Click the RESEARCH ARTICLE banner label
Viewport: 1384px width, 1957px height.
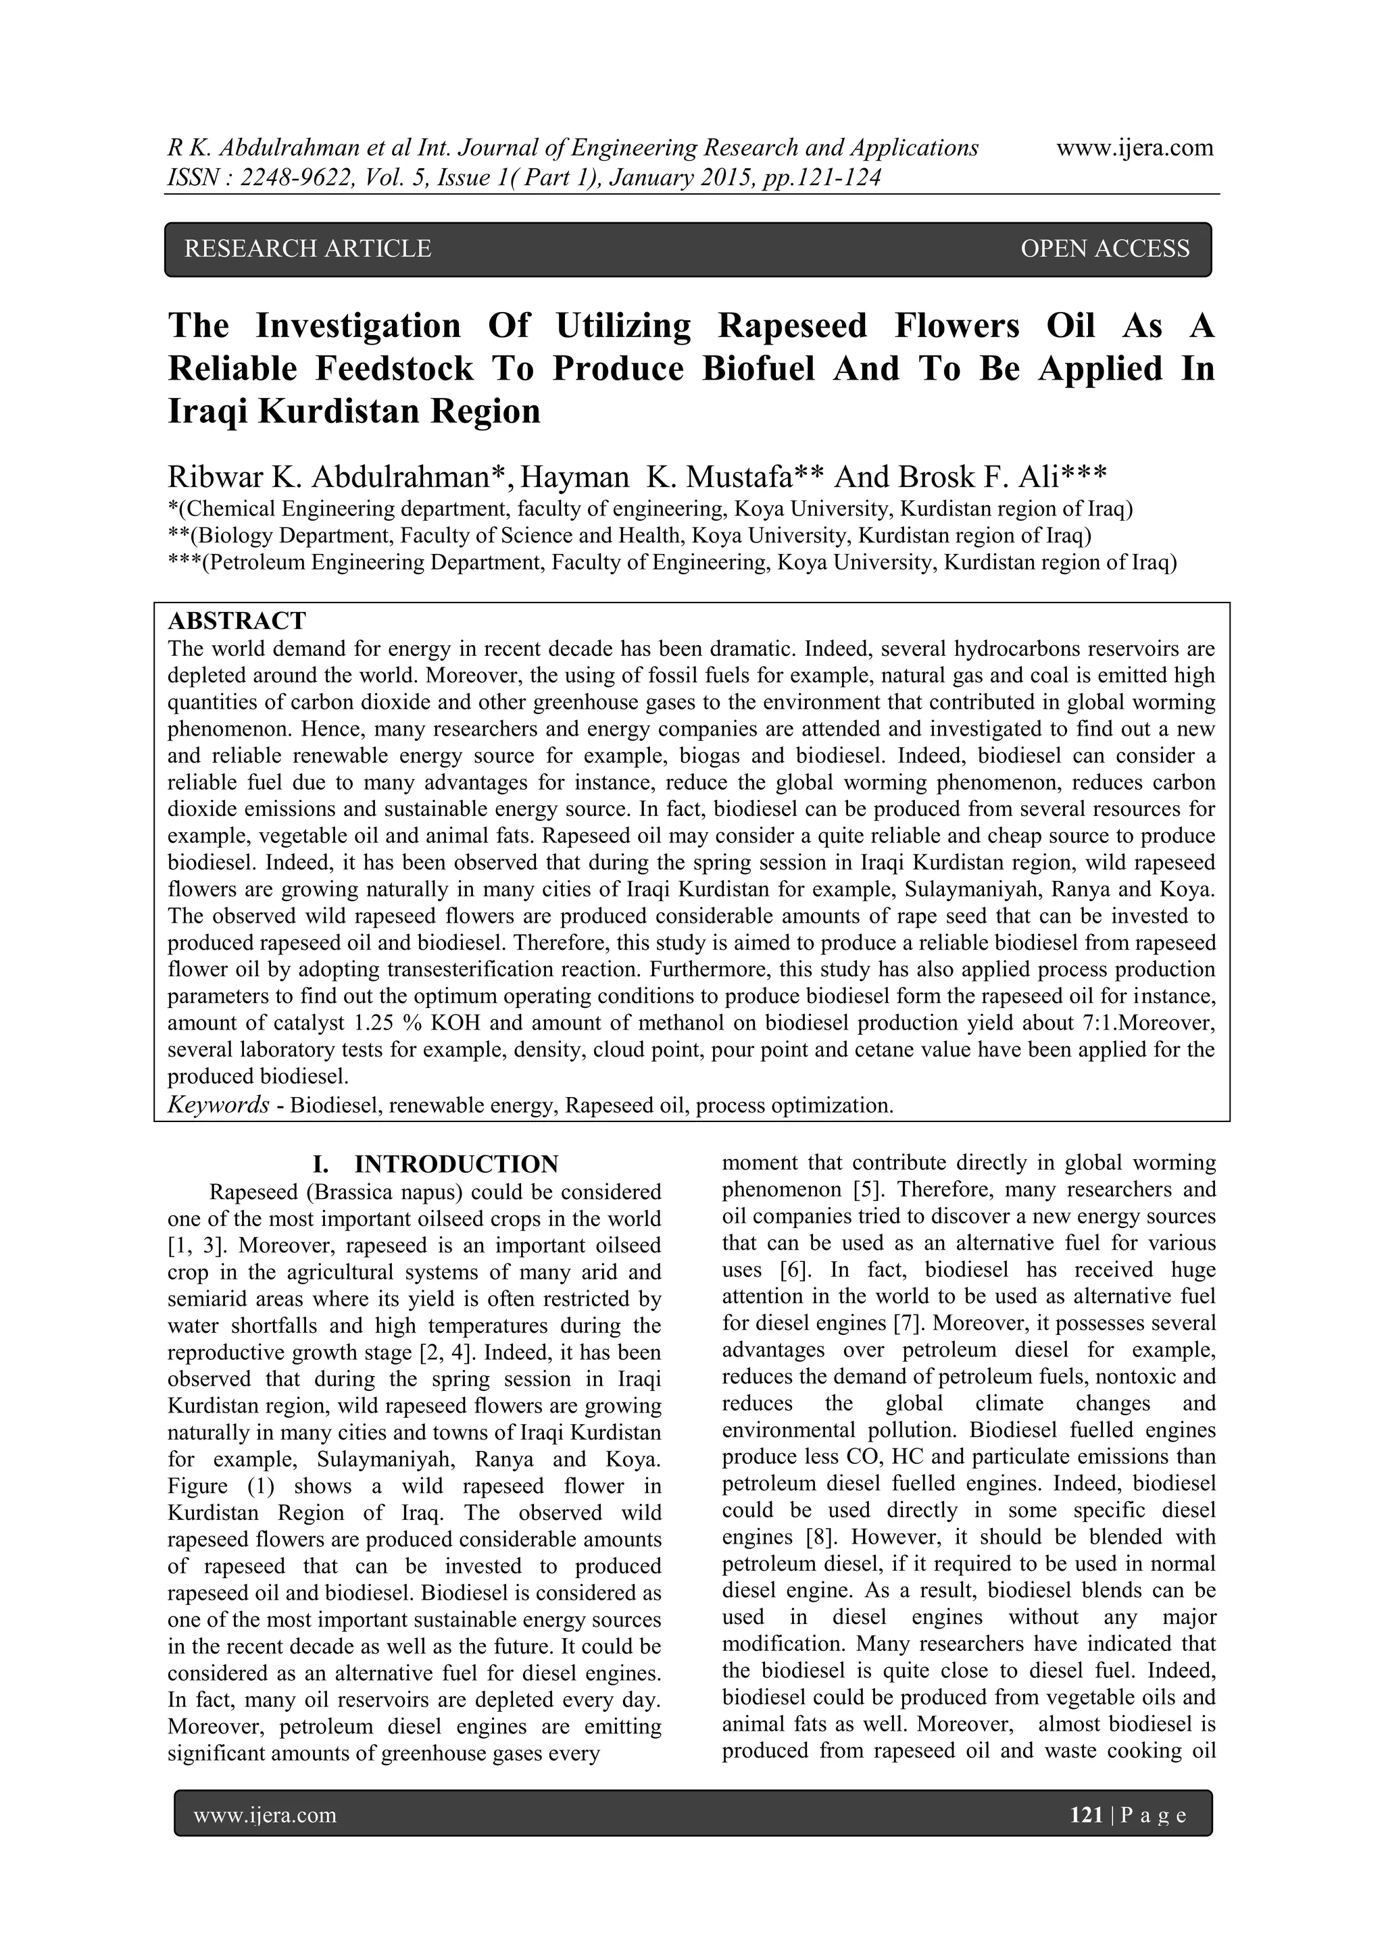(x=308, y=249)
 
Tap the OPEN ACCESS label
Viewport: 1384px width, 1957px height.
(x=1104, y=249)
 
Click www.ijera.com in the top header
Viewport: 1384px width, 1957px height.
(x=1134, y=149)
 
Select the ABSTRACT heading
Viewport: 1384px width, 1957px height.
(x=237, y=621)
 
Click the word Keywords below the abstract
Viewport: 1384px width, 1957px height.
(x=218, y=1106)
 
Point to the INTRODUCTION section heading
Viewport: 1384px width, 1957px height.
(x=456, y=1165)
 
